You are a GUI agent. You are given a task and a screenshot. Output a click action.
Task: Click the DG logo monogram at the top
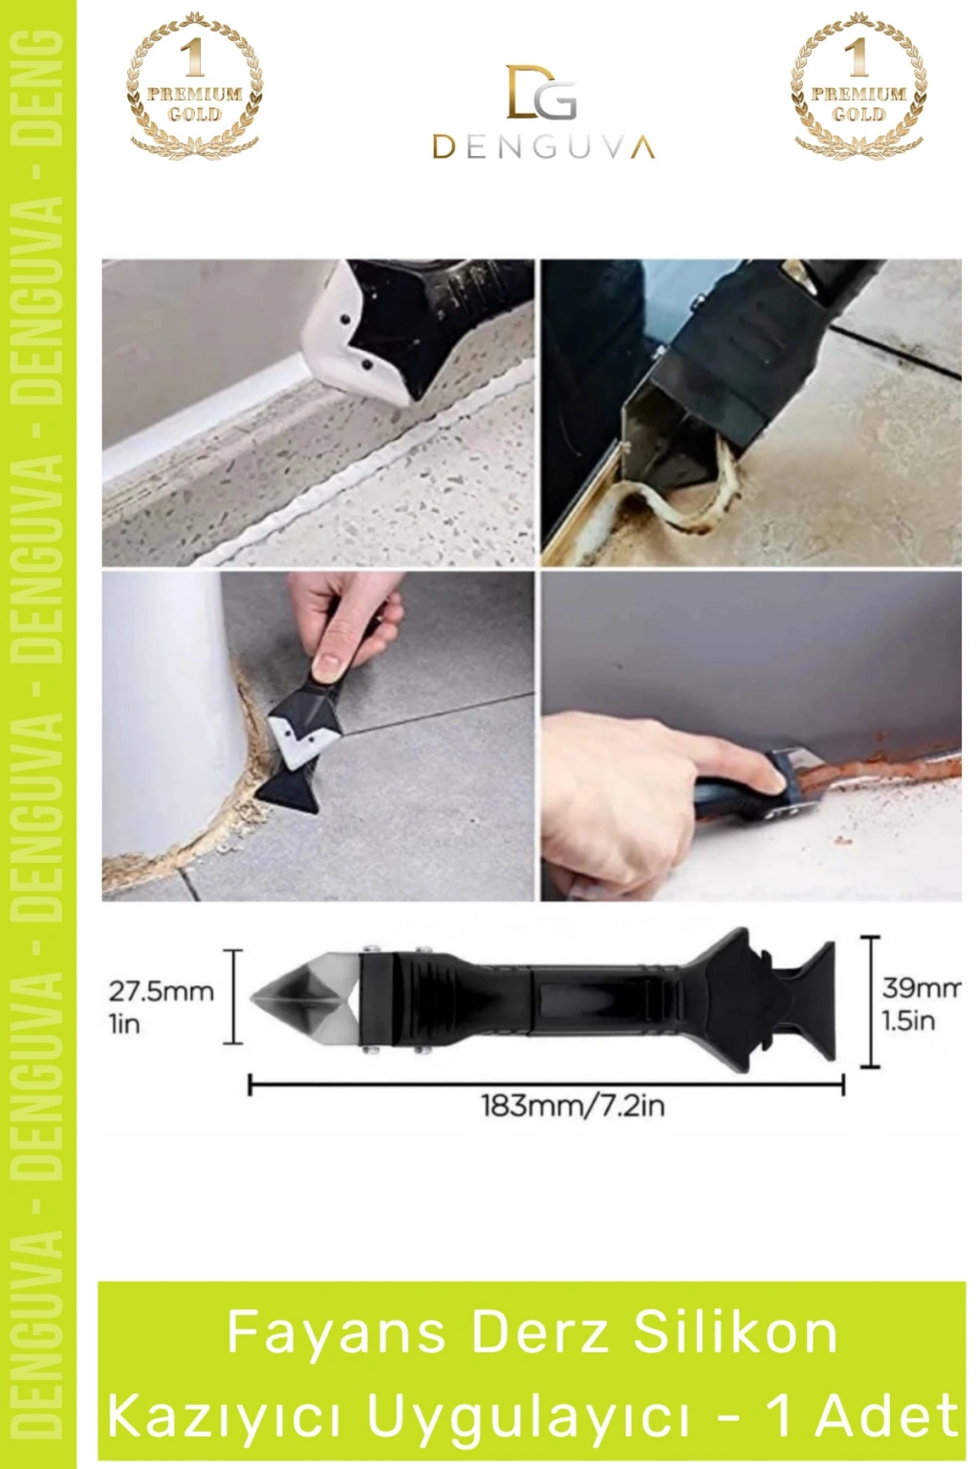[542, 92]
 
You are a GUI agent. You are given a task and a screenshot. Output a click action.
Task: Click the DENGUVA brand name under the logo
[543, 147]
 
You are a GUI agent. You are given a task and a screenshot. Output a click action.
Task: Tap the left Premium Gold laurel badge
[195, 85]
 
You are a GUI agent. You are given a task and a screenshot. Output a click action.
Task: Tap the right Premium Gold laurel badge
[859, 85]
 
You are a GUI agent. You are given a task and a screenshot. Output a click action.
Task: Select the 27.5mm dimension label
[162, 991]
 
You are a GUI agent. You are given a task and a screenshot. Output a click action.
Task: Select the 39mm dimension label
[920, 987]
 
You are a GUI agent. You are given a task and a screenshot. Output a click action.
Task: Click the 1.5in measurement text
[907, 1021]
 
